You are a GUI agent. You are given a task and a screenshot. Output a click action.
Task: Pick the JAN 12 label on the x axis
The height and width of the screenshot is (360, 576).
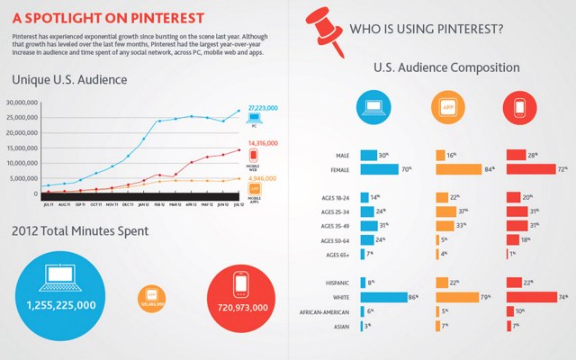tap(143, 204)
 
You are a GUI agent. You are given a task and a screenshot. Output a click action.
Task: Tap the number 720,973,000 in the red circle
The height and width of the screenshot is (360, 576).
tap(240, 308)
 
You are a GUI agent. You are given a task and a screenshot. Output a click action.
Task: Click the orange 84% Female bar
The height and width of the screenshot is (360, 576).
tap(465, 168)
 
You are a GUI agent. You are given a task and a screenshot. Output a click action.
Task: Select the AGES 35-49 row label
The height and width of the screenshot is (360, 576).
tap(329, 225)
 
